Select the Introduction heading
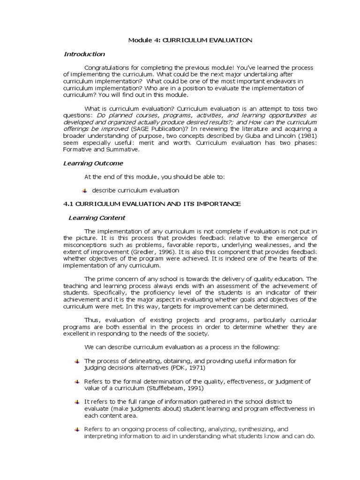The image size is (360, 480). coord(84,54)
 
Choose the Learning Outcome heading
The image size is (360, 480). coord(93,163)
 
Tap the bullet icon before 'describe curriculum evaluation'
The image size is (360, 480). coord(85,191)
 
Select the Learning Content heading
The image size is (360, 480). coord(97,218)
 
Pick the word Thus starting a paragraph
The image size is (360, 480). coord(92,320)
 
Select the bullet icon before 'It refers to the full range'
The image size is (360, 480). coord(77,402)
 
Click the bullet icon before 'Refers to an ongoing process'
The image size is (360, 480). coord(77,429)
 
